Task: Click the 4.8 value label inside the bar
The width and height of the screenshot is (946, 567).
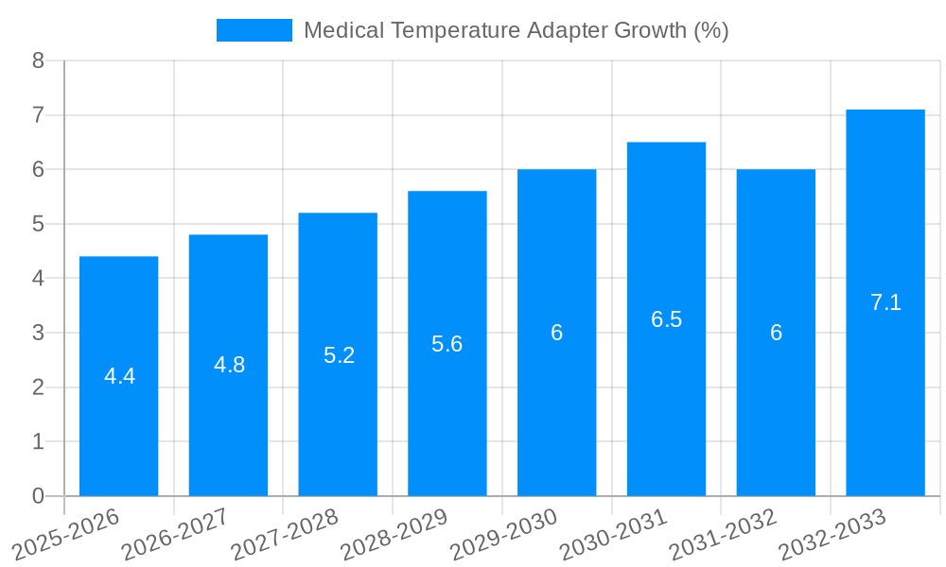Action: tap(229, 366)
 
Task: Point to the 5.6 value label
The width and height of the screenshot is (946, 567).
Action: tap(447, 344)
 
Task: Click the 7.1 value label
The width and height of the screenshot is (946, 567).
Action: tap(885, 303)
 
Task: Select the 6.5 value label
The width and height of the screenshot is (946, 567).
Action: tap(666, 319)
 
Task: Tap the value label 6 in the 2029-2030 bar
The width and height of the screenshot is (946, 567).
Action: tap(556, 333)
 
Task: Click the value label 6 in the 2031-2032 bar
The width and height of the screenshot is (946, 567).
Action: tap(776, 333)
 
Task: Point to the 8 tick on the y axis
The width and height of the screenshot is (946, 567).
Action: tap(38, 61)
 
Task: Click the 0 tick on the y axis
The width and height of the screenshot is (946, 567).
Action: tap(38, 496)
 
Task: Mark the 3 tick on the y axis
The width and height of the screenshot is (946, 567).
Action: tap(38, 333)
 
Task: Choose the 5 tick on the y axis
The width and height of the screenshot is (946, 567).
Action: tap(38, 224)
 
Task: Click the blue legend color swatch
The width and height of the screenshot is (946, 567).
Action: tap(254, 30)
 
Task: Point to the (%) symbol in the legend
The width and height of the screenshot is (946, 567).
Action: tap(710, 30)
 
